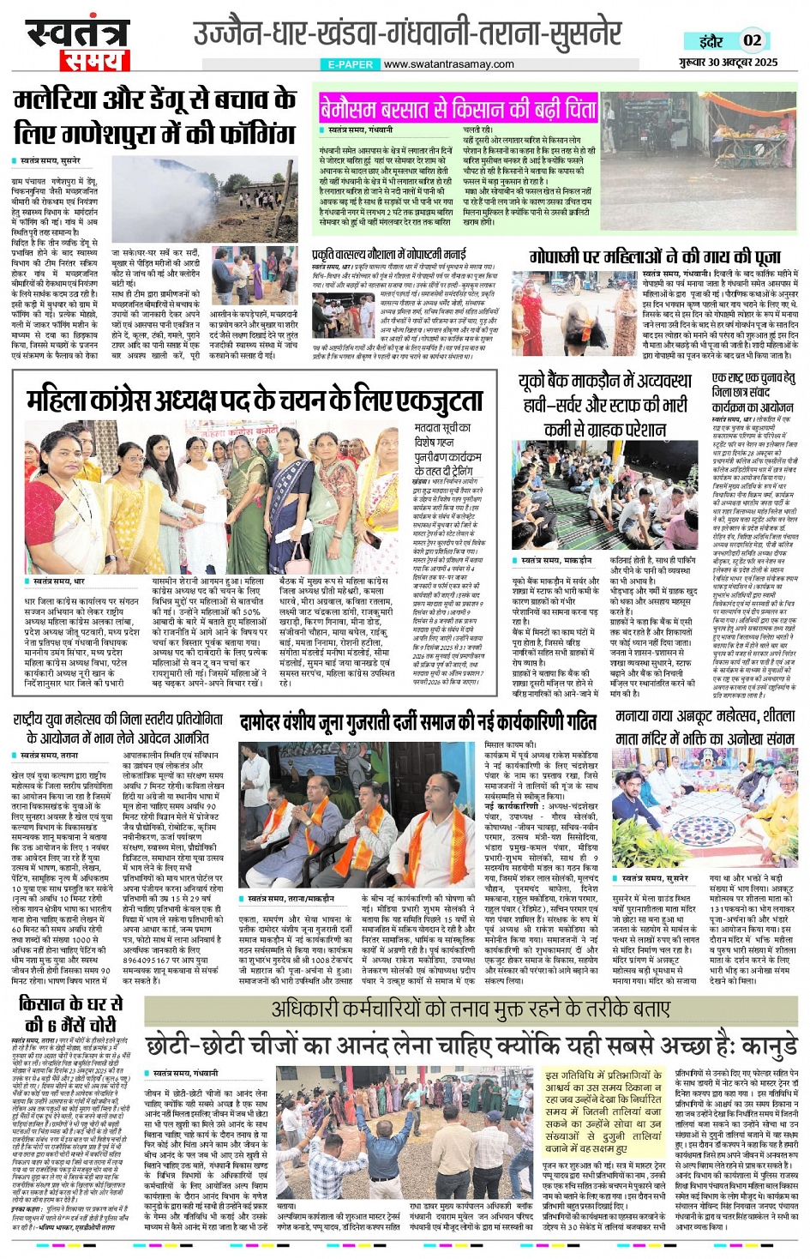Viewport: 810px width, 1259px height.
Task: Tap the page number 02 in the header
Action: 752,39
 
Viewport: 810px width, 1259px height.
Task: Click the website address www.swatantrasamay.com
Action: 448,63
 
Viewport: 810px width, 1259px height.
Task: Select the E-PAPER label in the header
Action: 350,64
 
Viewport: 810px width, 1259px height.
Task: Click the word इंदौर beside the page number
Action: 709,40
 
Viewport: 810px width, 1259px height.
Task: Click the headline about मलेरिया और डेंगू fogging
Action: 154,117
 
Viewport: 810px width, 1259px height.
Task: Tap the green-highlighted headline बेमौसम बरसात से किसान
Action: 458,110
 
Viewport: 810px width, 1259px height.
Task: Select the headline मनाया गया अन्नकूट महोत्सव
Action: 705,726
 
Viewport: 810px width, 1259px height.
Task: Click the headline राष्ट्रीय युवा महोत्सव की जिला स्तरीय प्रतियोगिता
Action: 118,727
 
